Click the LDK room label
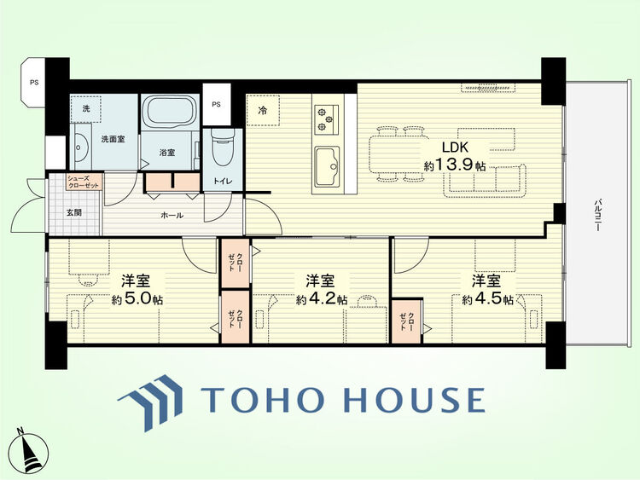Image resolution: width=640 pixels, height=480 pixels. (455, 147)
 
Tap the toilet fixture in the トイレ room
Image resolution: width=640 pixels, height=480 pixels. (223, 148)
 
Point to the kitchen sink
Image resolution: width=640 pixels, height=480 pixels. (327, 166)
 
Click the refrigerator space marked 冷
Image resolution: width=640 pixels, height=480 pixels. (263, 110)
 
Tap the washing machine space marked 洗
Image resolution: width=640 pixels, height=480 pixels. (85, 109)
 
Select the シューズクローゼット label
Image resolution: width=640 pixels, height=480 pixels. (83, 182)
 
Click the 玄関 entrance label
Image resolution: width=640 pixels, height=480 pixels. (74, 212)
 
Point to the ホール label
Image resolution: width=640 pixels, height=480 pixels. (172, 216)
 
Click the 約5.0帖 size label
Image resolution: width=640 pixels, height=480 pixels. (137, 300)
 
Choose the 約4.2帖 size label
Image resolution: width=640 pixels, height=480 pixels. (322, 300)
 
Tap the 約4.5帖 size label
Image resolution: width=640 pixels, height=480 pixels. (488, 300)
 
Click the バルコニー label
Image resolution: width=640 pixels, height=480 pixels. (598, 216)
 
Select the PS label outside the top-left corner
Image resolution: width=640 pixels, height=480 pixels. (34, 83)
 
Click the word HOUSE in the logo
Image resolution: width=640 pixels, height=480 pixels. (415, 399)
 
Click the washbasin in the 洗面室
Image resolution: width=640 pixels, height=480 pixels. (81, 147)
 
